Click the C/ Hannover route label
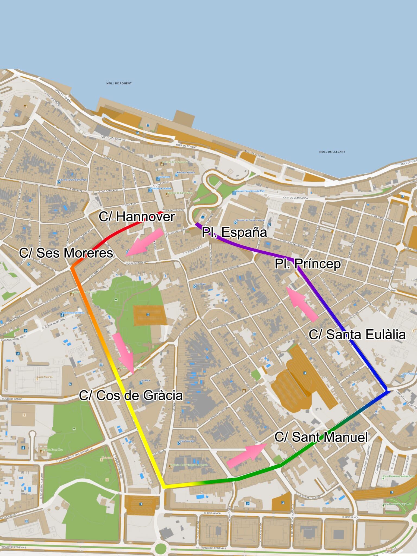coord(137,217)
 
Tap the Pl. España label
coord(234,232)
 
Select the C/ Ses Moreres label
coord(66,253)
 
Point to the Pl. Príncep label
coord(308,264)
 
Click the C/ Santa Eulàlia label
coord(357,334)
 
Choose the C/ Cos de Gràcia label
coord(131,396)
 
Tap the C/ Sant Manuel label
coord(321,437)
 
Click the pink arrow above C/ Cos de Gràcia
coord(124,353)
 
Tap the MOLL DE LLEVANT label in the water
coord(332,152)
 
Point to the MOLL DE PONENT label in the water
coord(119,83)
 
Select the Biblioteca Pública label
coord(186,173)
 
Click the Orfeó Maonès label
coord(186,441)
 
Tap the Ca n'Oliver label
coord(201,284)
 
